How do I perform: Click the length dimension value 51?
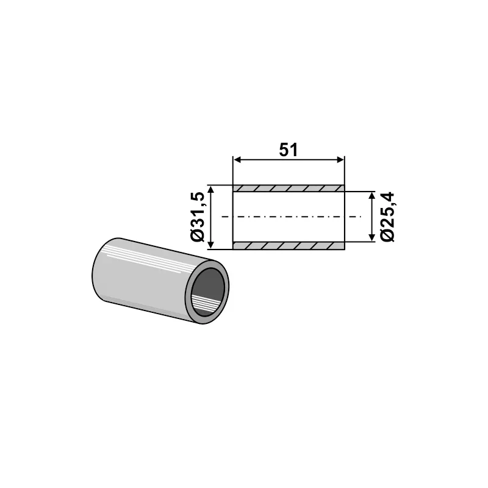pos(289,149)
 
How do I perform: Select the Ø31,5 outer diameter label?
pos(198,217)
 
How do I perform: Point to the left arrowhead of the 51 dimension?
pos(236,160)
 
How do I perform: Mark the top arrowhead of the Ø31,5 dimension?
pos(211,190)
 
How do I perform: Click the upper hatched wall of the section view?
pos(289,188)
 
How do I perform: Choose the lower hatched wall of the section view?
pos(289,246)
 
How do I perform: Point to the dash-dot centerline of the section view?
pos(289,217)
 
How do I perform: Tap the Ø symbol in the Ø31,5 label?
pos(198,236)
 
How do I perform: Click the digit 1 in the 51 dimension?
pos(294,149)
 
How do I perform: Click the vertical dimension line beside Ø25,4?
pos(371,217)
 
